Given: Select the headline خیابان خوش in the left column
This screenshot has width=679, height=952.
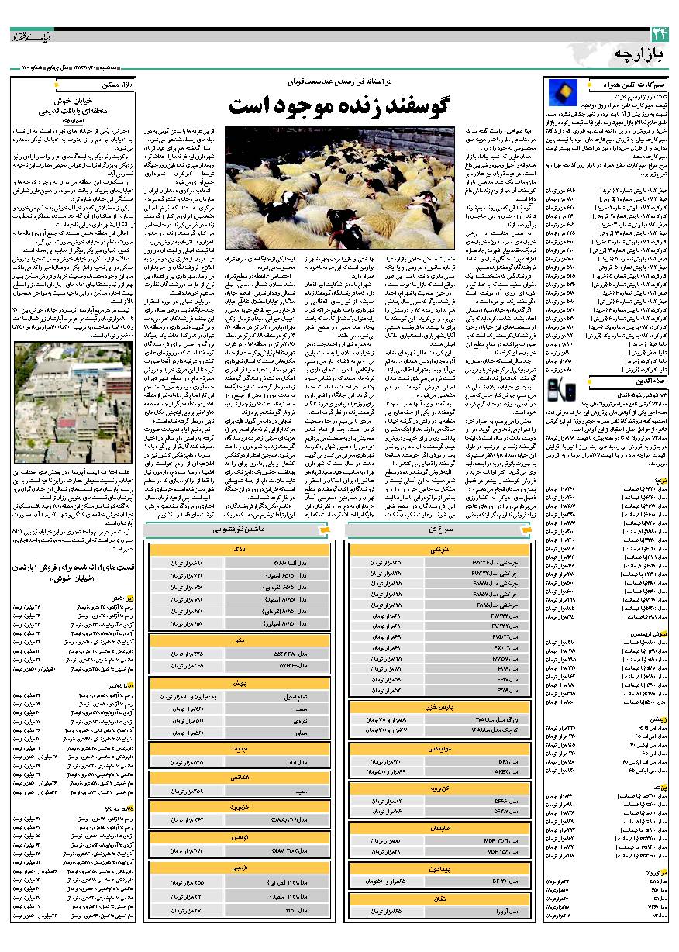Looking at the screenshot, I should click(74, 101).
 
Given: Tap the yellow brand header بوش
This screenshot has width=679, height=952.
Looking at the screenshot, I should click(240, 683).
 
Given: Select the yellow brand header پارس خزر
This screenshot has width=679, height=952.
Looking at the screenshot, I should click(438, 707).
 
